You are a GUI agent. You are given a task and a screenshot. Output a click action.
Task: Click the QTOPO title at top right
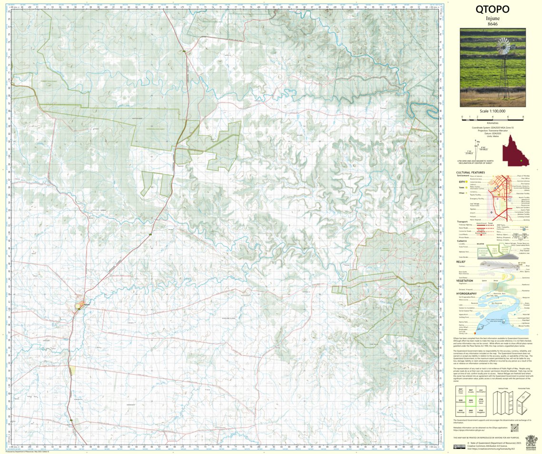(x=493, y=10)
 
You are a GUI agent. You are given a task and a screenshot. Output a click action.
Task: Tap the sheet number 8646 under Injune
(x=493, y=23)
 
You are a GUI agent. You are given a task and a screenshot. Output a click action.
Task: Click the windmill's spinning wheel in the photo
(x=502, y=48)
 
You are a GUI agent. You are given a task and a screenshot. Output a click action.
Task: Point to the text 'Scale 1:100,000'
(x=493, y=111)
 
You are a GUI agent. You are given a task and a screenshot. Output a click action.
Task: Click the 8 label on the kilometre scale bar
(x=522, y=116)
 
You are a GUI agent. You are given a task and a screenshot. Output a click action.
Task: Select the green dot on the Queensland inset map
(x=521, y=161)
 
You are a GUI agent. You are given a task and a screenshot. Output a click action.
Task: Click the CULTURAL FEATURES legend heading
(x=470, y=172)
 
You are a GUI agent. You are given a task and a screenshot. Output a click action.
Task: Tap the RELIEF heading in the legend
(x=461, y=262)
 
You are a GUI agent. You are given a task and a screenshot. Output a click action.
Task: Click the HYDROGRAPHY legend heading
(x=466, y=293)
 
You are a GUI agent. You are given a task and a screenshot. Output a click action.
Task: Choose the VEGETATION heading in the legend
(x=464, y=280)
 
